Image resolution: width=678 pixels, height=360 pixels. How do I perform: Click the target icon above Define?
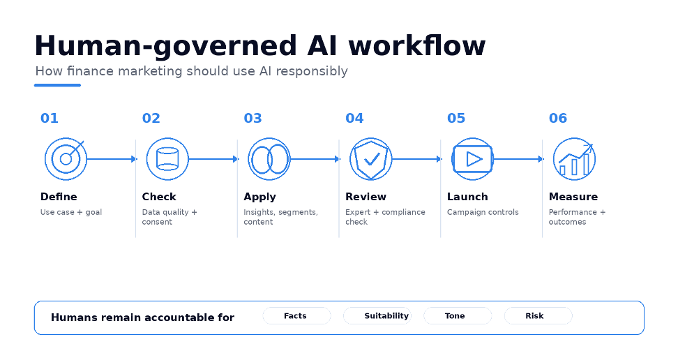(66, 159)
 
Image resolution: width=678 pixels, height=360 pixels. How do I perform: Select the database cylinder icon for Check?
(167, 159)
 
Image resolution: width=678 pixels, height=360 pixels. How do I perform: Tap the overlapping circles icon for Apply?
(269, 159)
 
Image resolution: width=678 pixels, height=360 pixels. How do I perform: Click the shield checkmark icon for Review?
(370, 159)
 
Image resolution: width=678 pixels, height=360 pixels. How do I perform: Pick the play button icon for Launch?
(472, 159)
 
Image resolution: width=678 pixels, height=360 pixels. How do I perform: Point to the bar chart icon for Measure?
(574, 159)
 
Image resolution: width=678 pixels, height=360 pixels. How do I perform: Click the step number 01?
(50, 118)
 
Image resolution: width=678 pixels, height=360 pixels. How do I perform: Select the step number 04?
(354, 118)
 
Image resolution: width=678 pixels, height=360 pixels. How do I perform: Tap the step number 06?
(558, 118)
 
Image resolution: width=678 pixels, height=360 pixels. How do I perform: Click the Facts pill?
(296, 316)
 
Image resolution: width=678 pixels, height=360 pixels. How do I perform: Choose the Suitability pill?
(377, 316)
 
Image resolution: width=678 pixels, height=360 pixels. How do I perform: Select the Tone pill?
(458, 316)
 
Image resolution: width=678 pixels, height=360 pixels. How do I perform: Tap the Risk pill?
(538, 316)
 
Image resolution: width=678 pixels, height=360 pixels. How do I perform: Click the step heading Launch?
(467, 197)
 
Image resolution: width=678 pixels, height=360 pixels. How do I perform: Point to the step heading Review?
(366, 197)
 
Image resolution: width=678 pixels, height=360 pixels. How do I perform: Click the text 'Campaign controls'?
(483, 212)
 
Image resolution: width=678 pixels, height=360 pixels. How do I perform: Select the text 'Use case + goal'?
(71, 212)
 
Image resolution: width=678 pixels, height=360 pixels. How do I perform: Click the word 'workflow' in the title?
(417, 45)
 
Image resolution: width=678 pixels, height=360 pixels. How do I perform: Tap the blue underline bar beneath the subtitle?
(57, 85)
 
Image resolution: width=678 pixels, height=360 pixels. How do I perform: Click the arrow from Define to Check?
(112, 159)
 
